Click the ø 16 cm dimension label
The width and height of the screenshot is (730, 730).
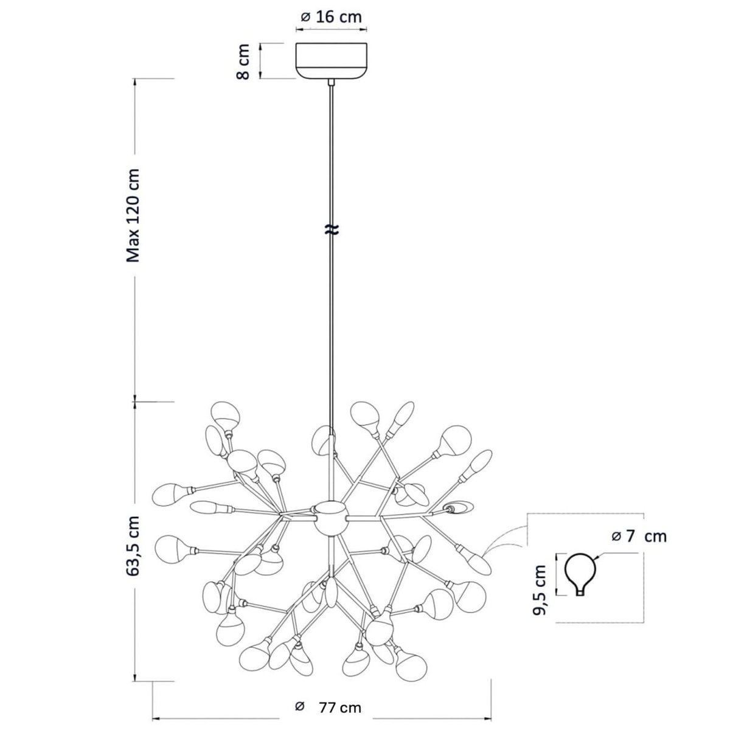(x=331, y=17)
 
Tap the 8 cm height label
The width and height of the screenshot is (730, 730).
(x=243, y=61)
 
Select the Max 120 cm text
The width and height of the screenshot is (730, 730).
(x=133, y=215)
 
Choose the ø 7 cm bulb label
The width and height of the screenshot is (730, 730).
(x=638, y=536)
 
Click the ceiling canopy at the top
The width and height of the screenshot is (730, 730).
(x=331, y=61)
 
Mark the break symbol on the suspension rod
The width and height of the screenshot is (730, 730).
(x=332, y=229)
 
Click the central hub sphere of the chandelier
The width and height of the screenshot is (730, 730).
(x=330, y=518)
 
